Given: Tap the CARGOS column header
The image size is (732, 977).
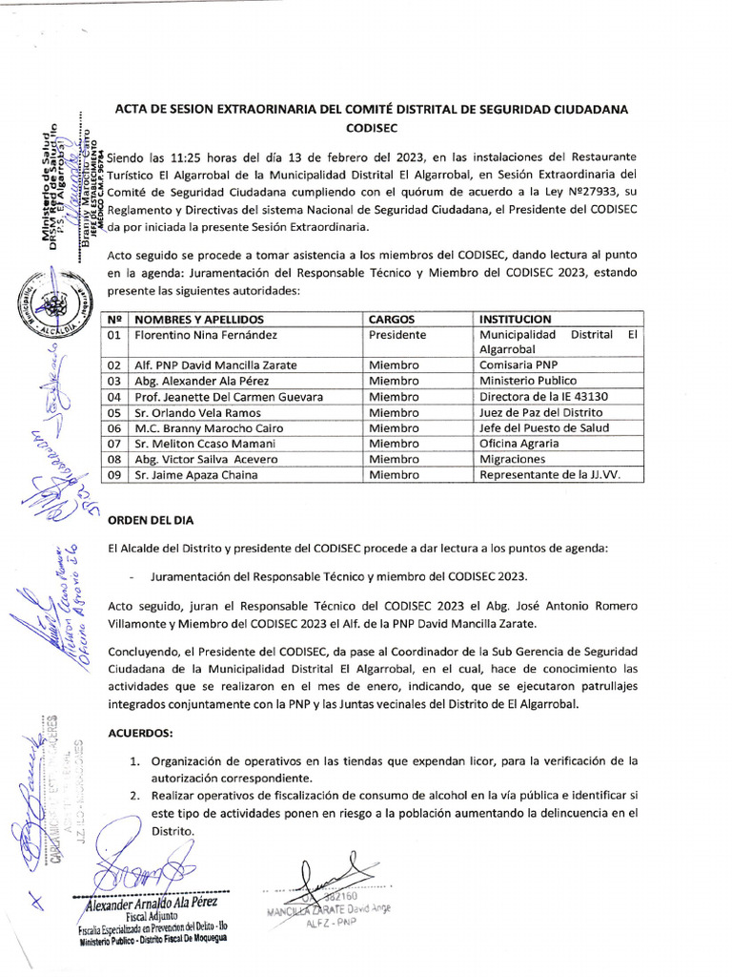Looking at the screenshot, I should [x=391, y=319].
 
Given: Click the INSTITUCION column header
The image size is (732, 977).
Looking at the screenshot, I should [x=515, y=319].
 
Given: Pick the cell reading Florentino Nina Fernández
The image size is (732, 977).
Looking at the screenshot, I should [x=206, y=335].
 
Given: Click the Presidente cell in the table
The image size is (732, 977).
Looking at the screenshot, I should [x=397, y=335].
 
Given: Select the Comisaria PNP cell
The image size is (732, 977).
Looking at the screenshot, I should [x=522, y=365].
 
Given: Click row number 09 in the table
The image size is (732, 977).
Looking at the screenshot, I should [x=115, y=474].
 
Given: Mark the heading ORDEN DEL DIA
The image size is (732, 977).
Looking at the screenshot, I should [x=152, y=521].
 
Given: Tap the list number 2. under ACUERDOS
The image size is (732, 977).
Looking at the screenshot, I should [x=137, y=795].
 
